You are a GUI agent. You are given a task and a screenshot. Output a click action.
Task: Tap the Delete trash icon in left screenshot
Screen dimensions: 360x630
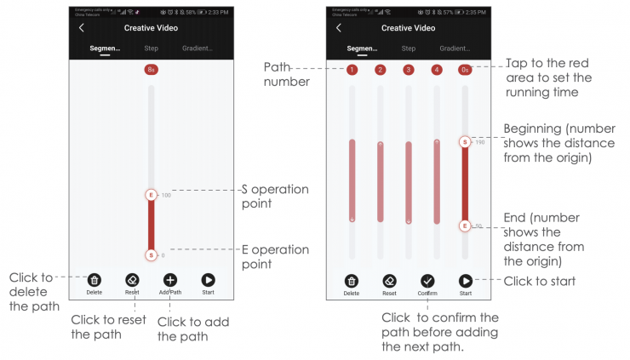click(x=94, y=279)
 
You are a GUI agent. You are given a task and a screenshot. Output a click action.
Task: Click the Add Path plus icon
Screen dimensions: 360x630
click(x=169, y=279)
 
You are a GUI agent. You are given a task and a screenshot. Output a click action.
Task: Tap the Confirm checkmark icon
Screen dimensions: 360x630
click(x=427, y=280)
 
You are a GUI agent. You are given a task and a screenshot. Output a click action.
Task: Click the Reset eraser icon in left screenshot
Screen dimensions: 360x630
click(x=132, y=279)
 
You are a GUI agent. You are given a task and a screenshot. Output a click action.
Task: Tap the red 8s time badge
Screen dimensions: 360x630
click(x=152, y=69)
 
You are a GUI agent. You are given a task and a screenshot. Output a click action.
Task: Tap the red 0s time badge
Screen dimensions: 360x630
click(x=465, y=69)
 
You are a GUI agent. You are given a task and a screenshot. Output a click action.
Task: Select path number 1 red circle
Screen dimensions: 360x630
click(x=352, y=69)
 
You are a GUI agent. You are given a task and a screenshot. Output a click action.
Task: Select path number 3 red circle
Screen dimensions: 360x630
click(x=409, y=69)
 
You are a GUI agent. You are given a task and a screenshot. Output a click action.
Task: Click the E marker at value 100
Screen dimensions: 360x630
click(x=152, y=195)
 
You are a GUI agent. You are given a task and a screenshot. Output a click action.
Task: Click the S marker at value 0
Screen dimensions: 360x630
click(x=152, y=254)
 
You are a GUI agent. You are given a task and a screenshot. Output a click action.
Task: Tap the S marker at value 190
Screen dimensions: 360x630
click(x=465, y=141)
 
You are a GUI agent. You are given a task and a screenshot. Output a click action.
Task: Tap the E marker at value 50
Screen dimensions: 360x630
click(x=465, y=226)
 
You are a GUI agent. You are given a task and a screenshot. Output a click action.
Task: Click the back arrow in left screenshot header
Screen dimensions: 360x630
click(x=82, y=28)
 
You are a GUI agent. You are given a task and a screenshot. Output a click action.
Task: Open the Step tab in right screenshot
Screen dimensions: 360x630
click(x=409, y=49)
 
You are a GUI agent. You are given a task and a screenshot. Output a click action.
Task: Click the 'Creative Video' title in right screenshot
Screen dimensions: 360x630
click(x=409, y=28)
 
